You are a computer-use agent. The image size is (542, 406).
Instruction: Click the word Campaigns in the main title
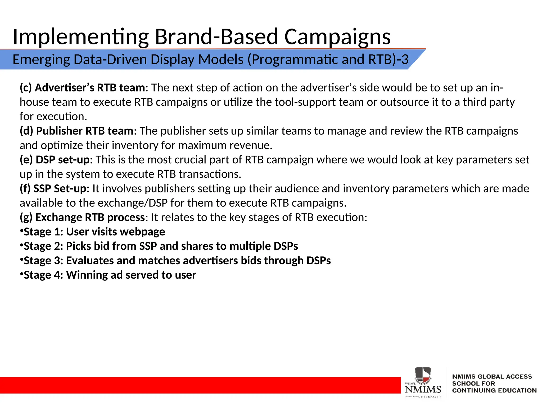tap(337, 37)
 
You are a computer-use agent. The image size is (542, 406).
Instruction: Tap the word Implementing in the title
tap(80, 37)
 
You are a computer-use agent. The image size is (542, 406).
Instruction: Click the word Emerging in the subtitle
tap(41, 59)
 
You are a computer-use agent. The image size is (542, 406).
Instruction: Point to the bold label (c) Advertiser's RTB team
tap(82, 88)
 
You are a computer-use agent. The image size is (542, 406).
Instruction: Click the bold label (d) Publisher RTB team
tap(76, 131)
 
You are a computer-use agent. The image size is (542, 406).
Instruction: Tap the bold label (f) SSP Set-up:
tap(55, 188)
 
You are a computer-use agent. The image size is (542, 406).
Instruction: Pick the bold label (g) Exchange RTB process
tap(82, 217)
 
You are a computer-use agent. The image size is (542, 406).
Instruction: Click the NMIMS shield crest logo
tap(423, 375)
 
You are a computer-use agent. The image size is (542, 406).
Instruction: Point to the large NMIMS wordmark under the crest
tap(423, 389)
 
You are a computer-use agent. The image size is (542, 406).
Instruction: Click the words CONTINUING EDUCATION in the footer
tap(494, 390)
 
